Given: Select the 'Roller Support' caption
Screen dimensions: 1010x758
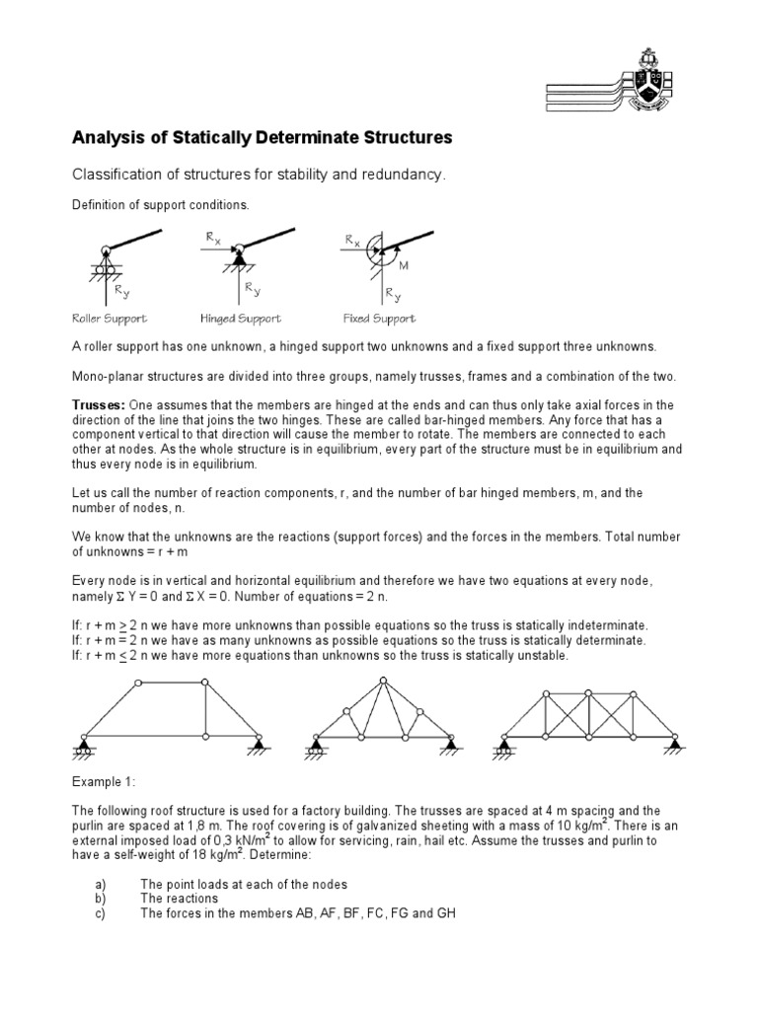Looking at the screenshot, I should [x=109, y=319].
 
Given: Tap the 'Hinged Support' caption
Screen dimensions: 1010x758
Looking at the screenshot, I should [x=240, y=319].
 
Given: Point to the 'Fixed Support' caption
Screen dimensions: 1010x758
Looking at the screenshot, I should [x=379, y=319].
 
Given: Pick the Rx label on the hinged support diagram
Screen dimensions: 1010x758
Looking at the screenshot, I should [x=213, y=238].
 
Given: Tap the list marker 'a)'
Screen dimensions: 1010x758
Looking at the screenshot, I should [x=100, y=885].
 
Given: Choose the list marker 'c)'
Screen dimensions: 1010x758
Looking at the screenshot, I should [x=100, y=913].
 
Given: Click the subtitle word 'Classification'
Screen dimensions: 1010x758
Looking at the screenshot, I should [x=117, y=175].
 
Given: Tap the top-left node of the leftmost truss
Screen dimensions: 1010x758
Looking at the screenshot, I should [x=139, y=683].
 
